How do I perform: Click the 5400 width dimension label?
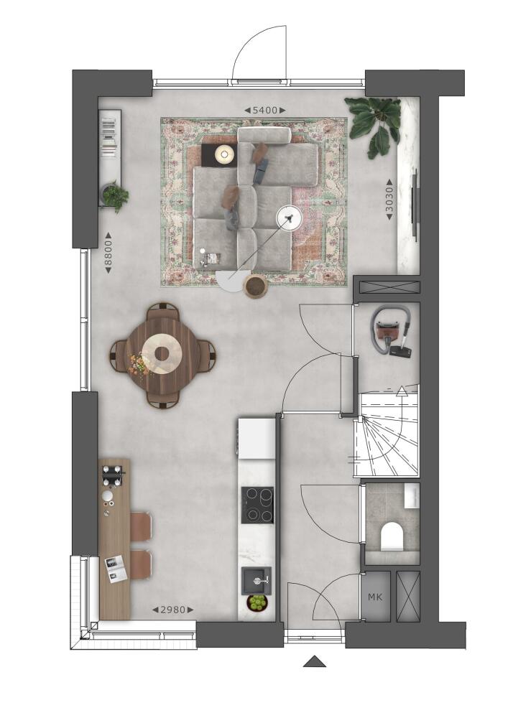pos(265,111)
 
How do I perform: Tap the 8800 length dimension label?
pos(108,253)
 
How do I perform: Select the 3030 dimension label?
pos(389,199)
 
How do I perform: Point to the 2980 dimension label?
pos(172,610)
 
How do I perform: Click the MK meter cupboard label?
pos(375,597)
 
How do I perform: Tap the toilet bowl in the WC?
pos(392,535)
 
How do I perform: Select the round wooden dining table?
pos(162,353)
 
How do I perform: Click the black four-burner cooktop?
pos(257,505)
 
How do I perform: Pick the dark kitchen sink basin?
pos(257,581)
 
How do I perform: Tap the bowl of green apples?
pos(257,602)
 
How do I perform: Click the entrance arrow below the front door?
pos(314,662)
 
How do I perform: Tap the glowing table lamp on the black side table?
pos(224,154)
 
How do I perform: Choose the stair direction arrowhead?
pos(402,390)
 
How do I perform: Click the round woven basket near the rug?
pos(256,286)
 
